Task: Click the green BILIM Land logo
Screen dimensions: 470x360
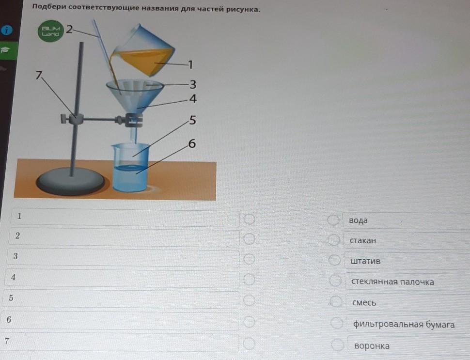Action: point(51,31)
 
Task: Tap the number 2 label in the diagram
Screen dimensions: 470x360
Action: point(69,30)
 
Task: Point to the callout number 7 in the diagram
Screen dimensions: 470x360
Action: point(39,75)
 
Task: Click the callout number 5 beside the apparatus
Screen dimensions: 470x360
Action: point(192,120)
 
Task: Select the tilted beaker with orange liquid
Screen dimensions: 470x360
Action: point(142,51)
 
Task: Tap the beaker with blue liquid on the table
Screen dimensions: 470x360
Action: point(130,167)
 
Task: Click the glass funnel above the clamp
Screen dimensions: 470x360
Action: point(135,96)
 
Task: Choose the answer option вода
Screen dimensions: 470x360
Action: point(358,220)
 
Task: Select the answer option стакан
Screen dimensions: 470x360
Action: point(363,241)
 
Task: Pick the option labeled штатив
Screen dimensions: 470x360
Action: point(365,261)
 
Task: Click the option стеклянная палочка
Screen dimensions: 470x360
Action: point(392,282)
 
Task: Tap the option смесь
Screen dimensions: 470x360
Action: point(364,303)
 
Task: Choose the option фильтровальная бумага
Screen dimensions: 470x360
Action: point(404,324)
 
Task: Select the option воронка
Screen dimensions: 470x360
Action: point(372,346)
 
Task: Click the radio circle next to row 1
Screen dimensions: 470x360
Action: point(250,219)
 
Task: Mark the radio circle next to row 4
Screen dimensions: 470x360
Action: point(250,280)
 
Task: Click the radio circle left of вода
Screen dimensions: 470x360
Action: point(333,219)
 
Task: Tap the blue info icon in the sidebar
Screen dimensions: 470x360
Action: point(7,30)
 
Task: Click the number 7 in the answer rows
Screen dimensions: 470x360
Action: point(7,341)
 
